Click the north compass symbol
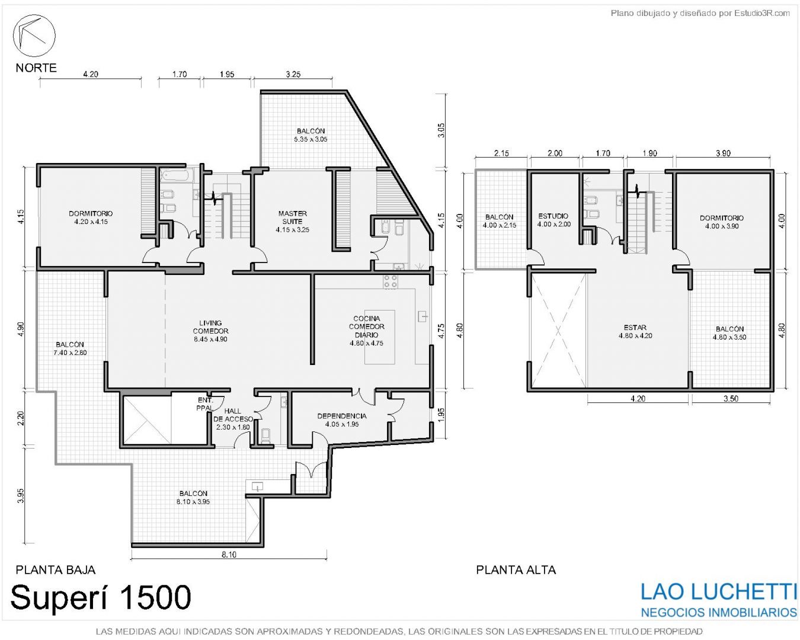(x=34, y=36)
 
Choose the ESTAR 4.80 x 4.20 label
(x=635, y=331)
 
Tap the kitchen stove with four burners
(x=390, y=281)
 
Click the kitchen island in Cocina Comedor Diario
(x=379, y=337)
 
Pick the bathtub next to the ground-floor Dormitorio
(x=177, y=176)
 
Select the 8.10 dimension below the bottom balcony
(x=229, y=555)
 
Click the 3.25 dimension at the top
(x=293, y=74)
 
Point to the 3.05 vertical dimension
(x=441, y=130)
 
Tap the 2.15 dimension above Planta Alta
(x=501, y=153)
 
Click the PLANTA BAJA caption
(x=55, y=569)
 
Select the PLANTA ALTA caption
(x=516, y=569)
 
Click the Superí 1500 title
(x=101, y=597)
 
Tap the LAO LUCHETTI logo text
(x=719, y=591)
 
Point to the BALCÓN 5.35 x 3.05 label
(x=311, y=135)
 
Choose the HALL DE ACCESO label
(x=233, y=419)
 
